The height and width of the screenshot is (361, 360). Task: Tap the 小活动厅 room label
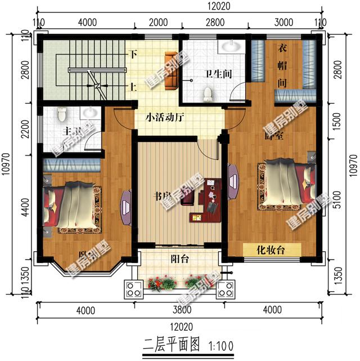tap(165, 118)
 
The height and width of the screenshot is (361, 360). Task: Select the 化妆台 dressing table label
tap(271, 250)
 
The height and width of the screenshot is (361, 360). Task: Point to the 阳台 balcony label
tap(179, 260)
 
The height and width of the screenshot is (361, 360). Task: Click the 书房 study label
tap(163, 197)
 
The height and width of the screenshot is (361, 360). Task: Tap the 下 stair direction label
tap(133, 55)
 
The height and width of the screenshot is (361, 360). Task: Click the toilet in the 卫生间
tap(208, 92)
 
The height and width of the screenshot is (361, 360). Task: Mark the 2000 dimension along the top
tap(159, 23)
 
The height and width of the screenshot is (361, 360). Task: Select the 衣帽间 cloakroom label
tap(282, 65)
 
